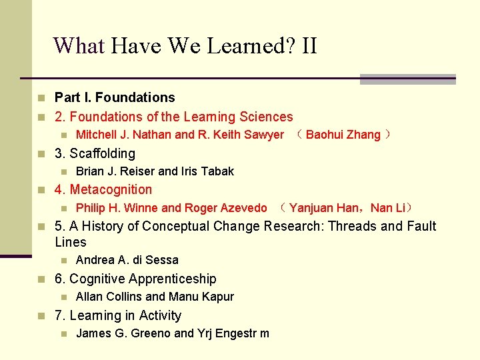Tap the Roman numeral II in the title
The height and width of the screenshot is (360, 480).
[x=309, y=46]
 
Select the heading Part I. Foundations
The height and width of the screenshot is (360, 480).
[x=115, y=97]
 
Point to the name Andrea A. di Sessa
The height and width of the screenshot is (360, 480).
[x=127, y=260]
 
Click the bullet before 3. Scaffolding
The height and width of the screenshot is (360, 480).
[x=43, y=154]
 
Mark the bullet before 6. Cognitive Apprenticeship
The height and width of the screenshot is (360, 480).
[x=43, y=279]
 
